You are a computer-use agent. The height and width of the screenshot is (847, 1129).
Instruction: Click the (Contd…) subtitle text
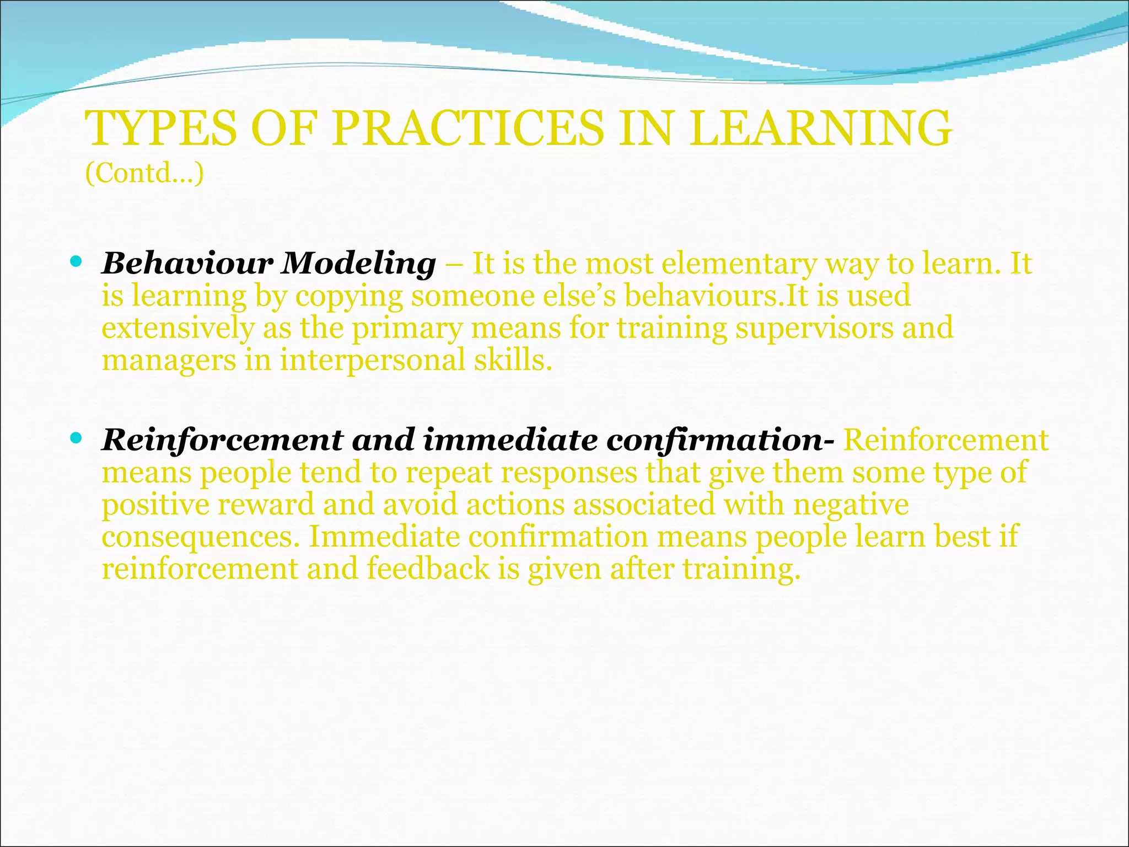click(x=144, y=173)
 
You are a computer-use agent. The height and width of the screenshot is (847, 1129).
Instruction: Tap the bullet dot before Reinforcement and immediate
click(x=76, y=438)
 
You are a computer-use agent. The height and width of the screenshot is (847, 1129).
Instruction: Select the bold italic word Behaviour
click(x=187, y=264)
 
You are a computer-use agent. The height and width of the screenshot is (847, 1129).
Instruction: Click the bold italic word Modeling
click(x=358, y=264)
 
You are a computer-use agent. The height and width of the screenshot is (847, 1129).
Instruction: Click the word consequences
click(x=201, y=538)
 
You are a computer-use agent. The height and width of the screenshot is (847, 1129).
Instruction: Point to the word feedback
click(x=428, y=569)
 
